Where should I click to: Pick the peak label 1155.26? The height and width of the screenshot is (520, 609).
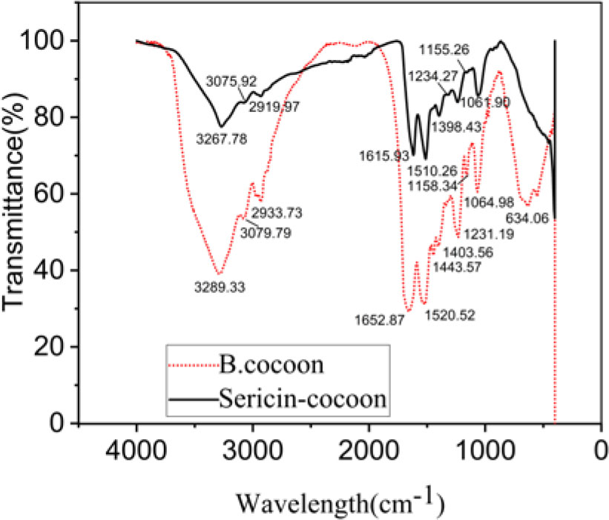(446, 50)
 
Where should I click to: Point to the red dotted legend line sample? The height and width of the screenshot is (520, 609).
(194, 366)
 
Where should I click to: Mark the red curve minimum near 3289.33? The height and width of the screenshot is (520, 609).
(219, 274)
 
